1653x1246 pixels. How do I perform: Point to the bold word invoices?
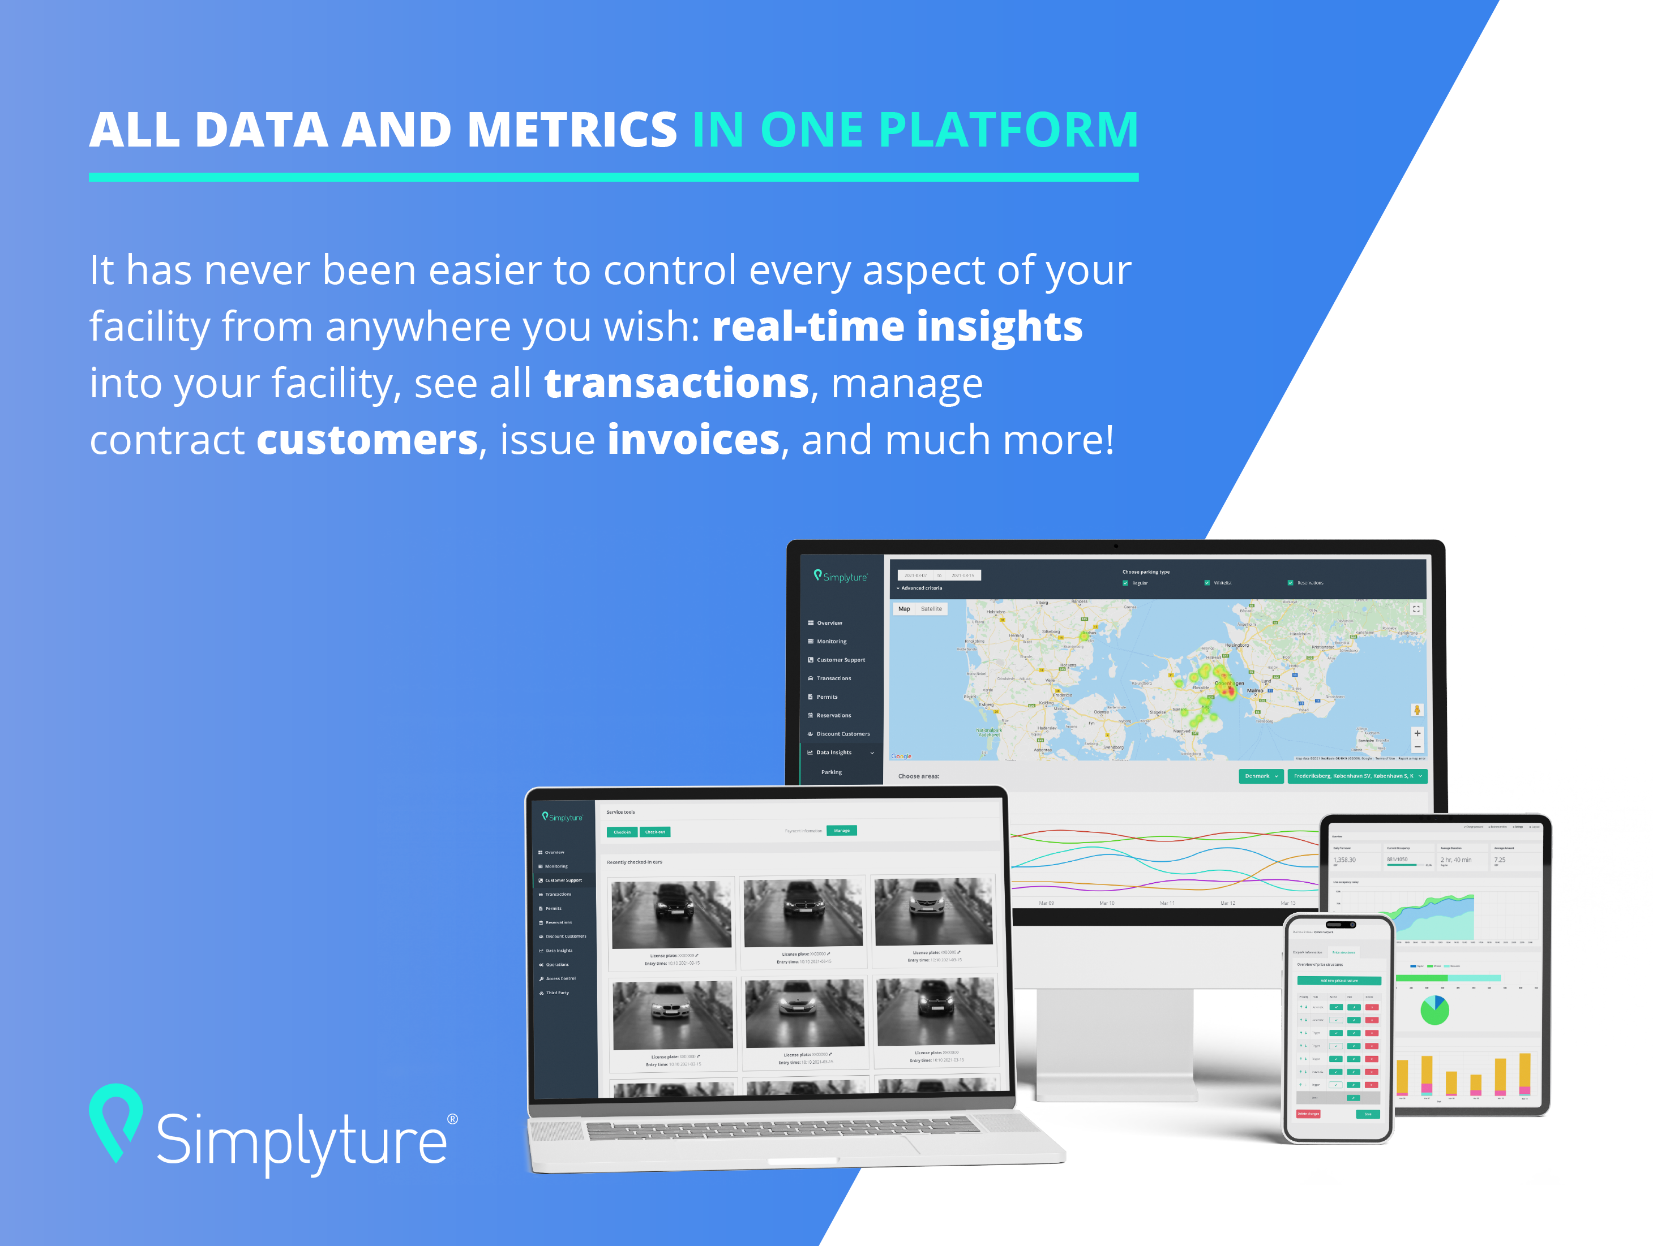[693, 440]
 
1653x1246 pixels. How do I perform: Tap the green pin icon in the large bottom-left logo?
[116, 1120]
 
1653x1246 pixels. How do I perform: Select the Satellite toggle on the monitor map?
[931, 609]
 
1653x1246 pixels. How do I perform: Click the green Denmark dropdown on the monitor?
[1261, 776]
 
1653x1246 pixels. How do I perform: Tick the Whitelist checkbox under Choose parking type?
[1207, 583]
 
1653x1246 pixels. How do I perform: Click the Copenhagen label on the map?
[1230, 683]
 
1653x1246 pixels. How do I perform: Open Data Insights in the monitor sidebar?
[833, 752]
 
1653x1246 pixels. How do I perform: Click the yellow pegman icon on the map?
[1417, 710]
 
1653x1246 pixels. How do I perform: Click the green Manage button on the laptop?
[841, 831]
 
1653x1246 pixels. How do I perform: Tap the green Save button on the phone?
[1368, 1114]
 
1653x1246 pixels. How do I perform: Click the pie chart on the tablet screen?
[1434, 1011]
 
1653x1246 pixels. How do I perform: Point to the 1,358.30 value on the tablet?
[1344, 860]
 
